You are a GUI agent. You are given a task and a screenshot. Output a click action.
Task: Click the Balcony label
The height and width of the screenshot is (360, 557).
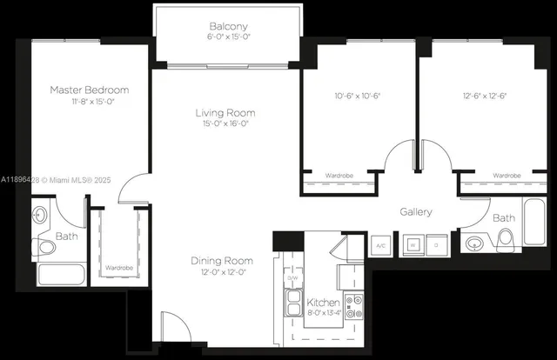[x=229, y=26]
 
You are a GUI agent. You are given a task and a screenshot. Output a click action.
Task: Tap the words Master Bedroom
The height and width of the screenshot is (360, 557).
[x=89, y=90]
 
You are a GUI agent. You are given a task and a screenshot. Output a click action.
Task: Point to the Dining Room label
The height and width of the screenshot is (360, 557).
[x=222, y=260]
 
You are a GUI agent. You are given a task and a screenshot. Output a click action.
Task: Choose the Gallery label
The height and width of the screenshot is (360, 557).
[x=416, y=212]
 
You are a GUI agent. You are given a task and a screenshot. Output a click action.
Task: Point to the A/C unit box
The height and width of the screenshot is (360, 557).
[x=379, y=245]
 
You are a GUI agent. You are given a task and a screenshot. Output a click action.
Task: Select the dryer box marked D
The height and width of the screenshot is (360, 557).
[x=437, y=245]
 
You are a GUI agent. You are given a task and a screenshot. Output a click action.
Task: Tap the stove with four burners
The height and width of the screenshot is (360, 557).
[x=354, y=305]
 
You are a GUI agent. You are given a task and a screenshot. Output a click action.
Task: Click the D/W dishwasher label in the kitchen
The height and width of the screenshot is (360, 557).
[x=292, y=277]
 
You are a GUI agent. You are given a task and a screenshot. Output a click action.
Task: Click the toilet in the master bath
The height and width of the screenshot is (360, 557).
[x=47, y=248]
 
